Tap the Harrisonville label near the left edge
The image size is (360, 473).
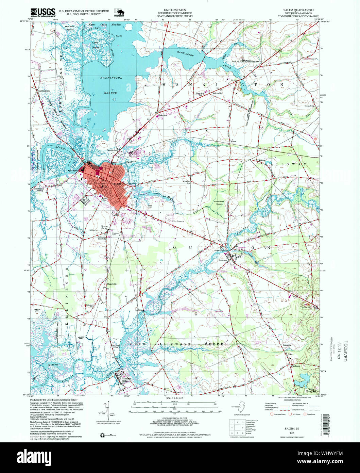point(41,91)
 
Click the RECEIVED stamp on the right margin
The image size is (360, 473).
point(346,351)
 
